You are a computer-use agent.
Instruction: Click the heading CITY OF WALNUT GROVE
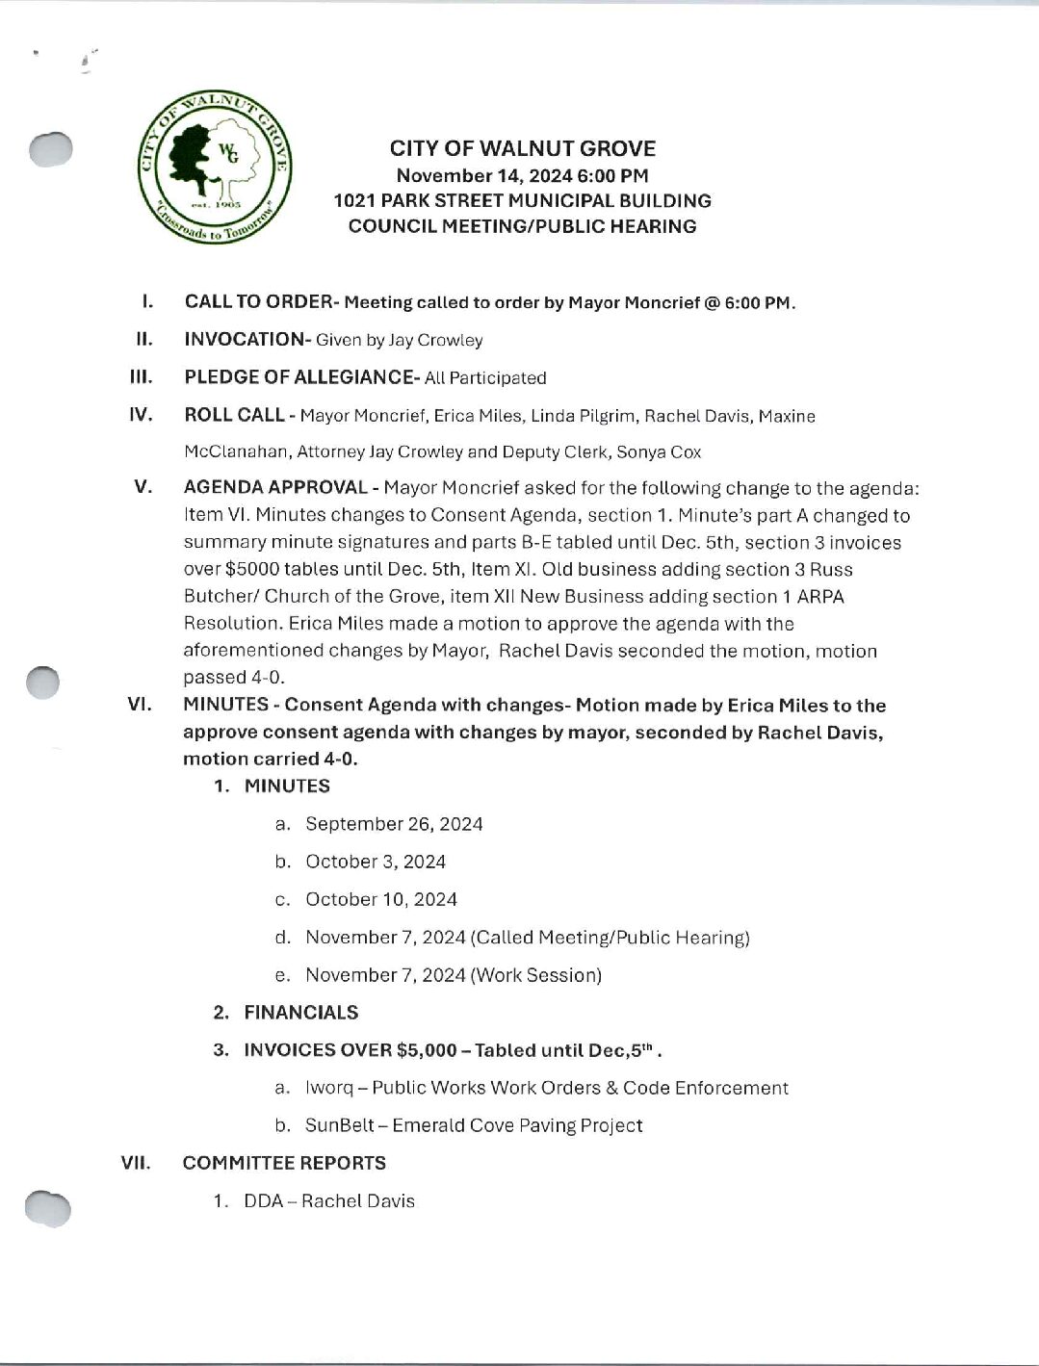tap(522, 148)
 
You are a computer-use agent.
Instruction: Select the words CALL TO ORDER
tap(257, 301)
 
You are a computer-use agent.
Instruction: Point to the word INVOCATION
tap(244, 339)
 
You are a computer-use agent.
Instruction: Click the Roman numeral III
tap(142, 377)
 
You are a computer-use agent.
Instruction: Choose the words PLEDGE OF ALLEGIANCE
tap(300, 377)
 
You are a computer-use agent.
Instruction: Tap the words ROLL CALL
tap(234, 415)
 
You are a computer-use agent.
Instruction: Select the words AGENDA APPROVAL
tap(275, 488)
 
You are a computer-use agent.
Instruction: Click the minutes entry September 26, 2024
tap(394, 824)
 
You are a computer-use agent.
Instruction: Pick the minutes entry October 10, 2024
tap(381, 899)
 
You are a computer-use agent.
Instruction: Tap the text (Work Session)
tap(535, 975)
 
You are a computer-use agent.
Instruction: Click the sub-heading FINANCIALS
tap(300, 1012)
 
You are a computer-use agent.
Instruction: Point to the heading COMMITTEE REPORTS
tap(284, 1163)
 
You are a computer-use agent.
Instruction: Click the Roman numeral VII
tap(136, 1163)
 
